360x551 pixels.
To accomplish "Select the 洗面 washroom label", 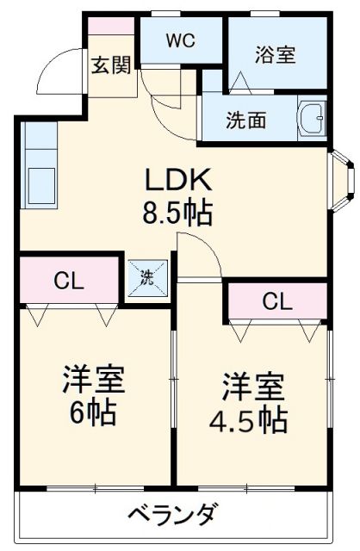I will coord(246,121).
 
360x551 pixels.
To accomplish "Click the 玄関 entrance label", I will coord(111,65).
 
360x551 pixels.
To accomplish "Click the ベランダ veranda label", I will coord(172,516).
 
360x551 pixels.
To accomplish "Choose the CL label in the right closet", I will coord(276,301).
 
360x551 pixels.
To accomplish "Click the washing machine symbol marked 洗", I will coord(146,278).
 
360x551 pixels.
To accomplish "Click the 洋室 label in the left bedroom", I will coord(92,380).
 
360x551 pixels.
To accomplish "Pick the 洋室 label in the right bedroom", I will coord(251,385).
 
